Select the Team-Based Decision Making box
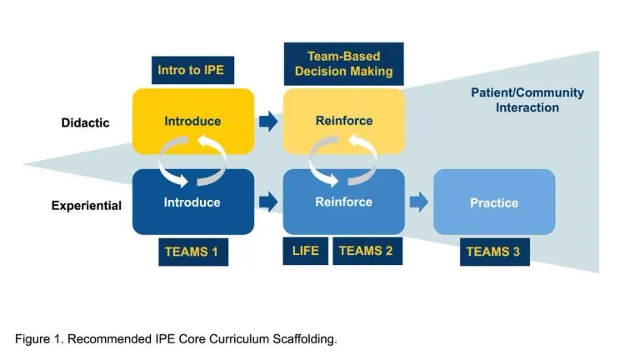point(343,64)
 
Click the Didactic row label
point(85,123)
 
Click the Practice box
point(494,202)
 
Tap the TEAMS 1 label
point(193,252)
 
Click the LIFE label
point(306,250)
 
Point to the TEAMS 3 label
point(494,252)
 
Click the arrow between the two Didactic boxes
point(268,122)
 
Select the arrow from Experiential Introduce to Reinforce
point(268,202)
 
